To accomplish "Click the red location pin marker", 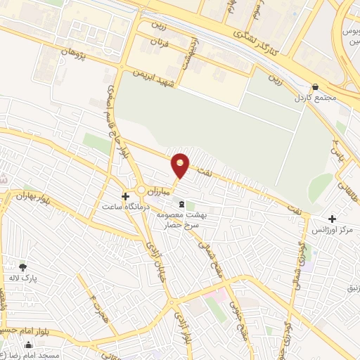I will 181,165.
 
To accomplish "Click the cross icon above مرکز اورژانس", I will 333,219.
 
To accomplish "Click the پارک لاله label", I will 24,278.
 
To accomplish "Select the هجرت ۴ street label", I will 97,304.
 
